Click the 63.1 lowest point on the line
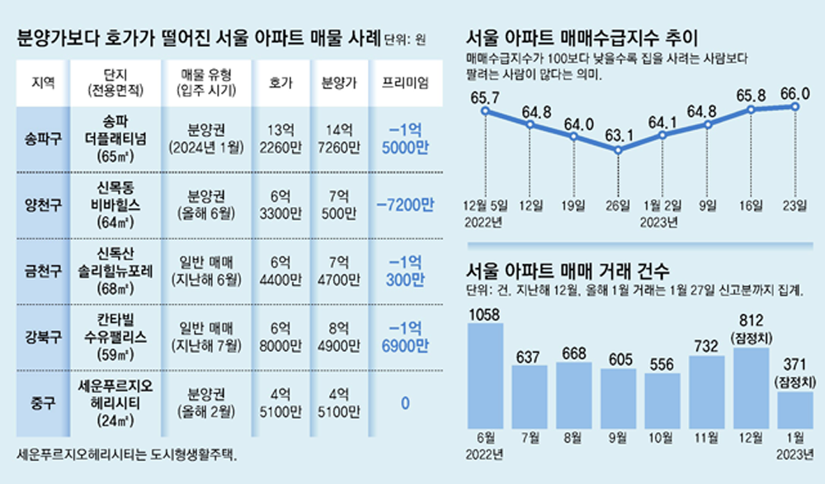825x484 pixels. [619, 151]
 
